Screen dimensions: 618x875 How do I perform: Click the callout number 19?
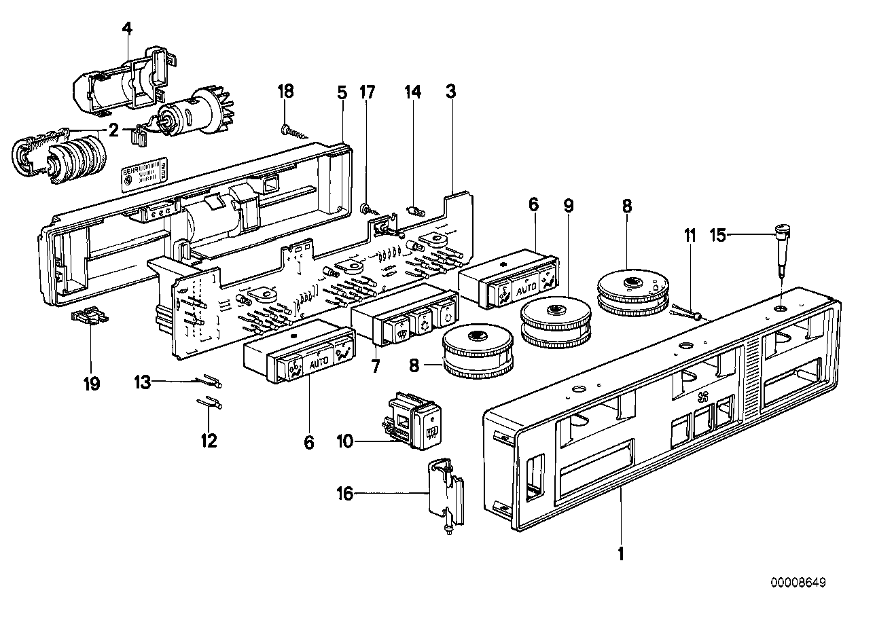(x=91, y=384)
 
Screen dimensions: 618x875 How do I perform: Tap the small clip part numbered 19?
(x=89, y=317)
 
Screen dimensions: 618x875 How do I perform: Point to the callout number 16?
(x=344, y=494)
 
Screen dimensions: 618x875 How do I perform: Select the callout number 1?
(x=620, y=553)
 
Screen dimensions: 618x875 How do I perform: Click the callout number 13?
(x=142, y=384)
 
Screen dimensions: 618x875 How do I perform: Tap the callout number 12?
(x=209, y=441)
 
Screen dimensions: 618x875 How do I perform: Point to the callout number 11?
(x=690, y=236)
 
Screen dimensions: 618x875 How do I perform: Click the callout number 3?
(x=451, y=90)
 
